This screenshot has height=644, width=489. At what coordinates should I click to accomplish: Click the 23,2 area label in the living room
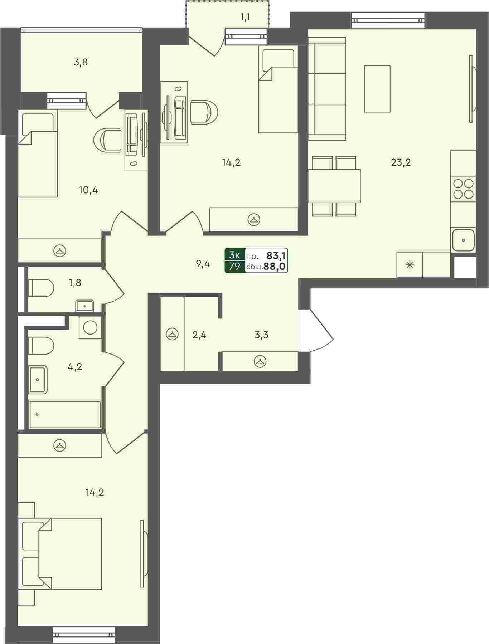[x=401, y=163]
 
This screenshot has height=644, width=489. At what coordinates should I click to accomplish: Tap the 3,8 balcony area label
[x=81, y=63]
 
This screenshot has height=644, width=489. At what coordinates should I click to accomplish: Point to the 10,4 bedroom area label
[x=88, y=190]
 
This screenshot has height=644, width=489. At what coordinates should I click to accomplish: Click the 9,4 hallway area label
[x=203, y=264]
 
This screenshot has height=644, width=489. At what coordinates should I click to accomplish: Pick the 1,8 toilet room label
[x=75, y=283]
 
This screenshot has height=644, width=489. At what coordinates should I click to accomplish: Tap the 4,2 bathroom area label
[x=75, y=366]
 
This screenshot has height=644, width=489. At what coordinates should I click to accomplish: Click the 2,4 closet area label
[x=199, y=335]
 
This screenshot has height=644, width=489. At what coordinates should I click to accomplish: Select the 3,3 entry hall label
[x=261, y=335]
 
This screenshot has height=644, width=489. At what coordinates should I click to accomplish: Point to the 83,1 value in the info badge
[x=276, y=255]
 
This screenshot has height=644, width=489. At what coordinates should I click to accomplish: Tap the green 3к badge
[x=235, y=255]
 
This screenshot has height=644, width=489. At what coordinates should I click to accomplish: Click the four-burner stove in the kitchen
[x=463, y=189]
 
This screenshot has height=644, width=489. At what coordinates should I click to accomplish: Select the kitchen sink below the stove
[x=463, y=240]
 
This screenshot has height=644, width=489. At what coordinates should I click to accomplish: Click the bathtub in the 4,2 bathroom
[x=65, y=414]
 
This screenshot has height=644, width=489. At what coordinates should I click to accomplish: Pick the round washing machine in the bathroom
[x=90, y=327]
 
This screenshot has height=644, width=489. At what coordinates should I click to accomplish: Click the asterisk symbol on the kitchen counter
[x=410, y=265]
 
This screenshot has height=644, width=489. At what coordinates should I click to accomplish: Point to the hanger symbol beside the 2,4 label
[x=172, y=335]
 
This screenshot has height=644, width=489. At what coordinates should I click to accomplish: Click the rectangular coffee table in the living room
[x=377, y=89]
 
